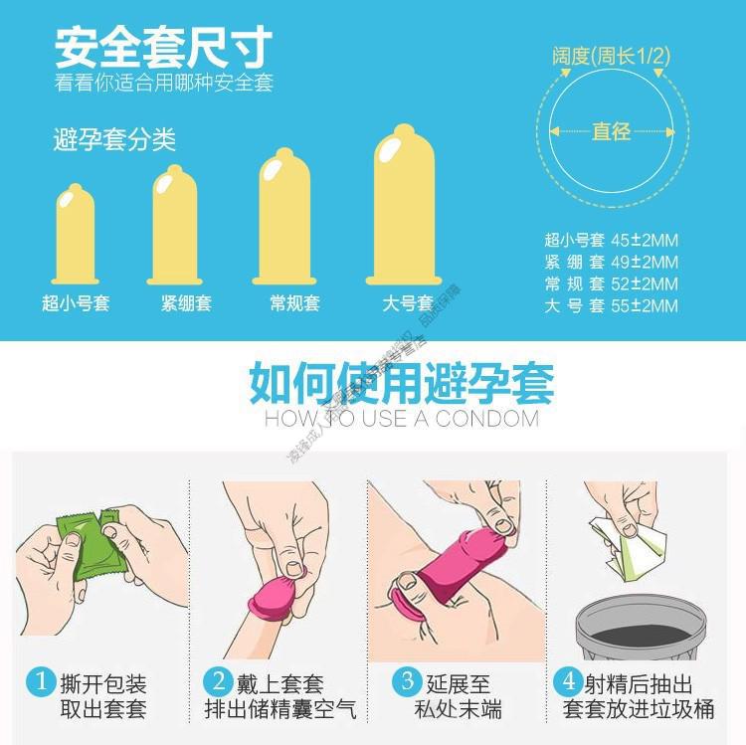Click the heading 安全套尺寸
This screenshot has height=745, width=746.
[x=163, y=46]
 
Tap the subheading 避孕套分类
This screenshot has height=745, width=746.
[x=114, y=140]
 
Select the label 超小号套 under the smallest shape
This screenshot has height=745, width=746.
[x=76, y=303]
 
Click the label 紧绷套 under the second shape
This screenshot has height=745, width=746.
[x=186, y=303]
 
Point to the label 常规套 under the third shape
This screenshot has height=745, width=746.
[x=294, y=303]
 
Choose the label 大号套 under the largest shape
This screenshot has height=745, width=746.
[x=408, y=303]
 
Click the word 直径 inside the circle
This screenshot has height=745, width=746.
[x=612, y=131]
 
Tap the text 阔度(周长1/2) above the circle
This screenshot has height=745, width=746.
[x=611, y=57]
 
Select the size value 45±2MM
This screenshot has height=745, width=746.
[x=646, y=239]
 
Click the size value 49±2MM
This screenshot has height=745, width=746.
[x=646, y=262]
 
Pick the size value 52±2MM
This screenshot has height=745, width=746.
[x=646, y=283]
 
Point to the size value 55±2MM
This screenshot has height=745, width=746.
[x=646, y=306]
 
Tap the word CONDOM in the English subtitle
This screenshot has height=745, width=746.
[x=486, y=419]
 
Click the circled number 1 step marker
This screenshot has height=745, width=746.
[x=41, y=682]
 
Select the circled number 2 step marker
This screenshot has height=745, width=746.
[x=218, y=682]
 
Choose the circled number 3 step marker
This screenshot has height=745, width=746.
[x=408, y=682]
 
